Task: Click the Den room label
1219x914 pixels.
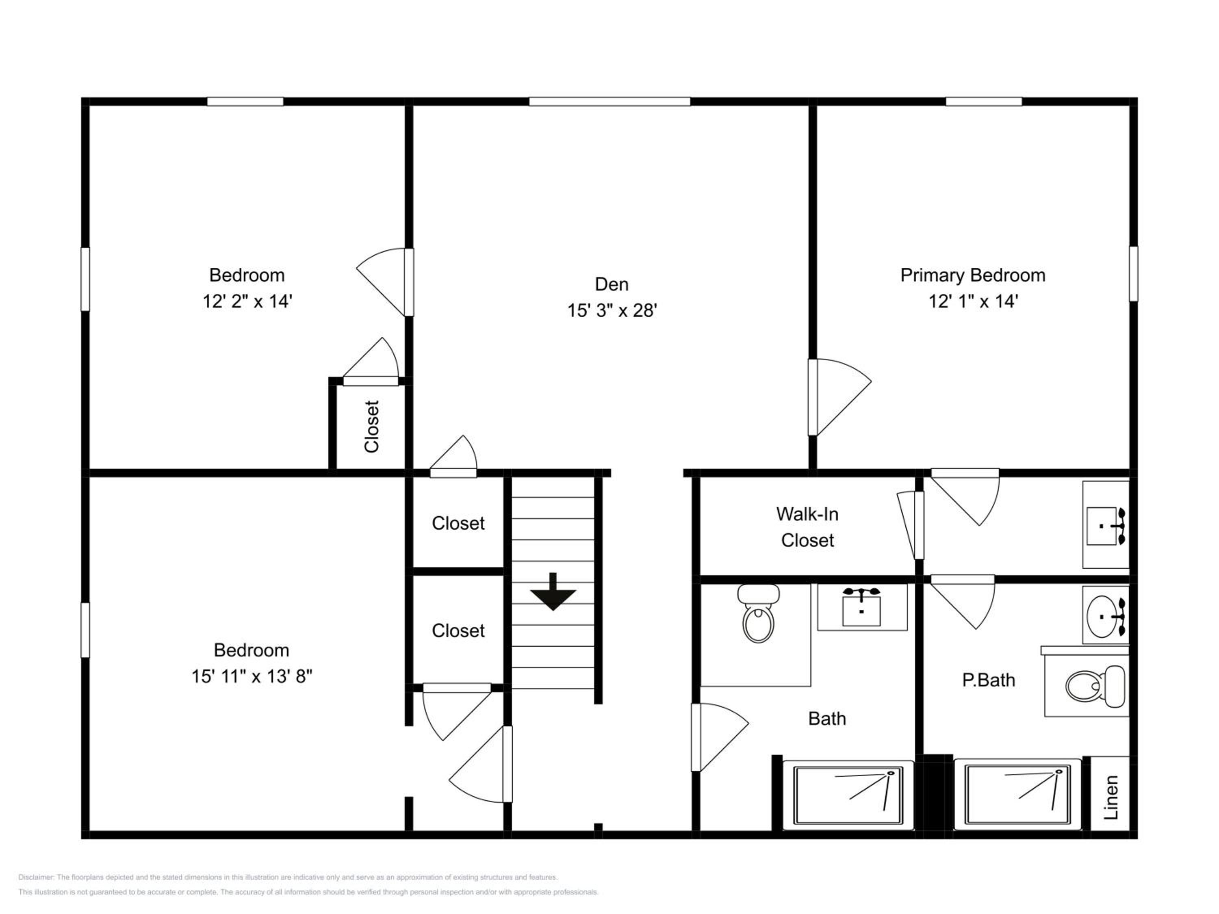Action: pos(611,284)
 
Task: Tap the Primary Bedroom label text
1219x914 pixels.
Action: pos(973,275)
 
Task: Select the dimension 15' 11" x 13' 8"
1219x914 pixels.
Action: pos(252,676)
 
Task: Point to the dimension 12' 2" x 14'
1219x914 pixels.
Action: pos(247,301)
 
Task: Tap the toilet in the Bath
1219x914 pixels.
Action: pos(758,613)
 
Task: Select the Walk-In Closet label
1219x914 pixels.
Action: pos(807,527)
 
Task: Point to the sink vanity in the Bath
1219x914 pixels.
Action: pos(862,606)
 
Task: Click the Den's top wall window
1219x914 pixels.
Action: pos(609,102)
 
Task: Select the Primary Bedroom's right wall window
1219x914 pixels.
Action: pos(1133,274)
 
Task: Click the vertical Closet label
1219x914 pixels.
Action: pos(371,427)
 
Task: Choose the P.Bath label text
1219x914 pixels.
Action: pos(989,680)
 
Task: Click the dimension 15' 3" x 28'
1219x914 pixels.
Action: pos(612,311)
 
